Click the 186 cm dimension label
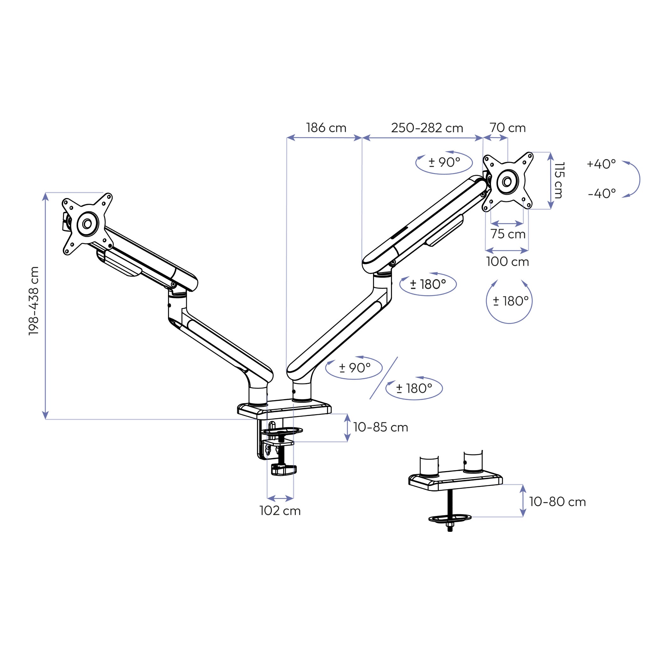pos(326,128)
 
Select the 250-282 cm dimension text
pos(427,128)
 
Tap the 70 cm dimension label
pos(507,128)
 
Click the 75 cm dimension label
pos(508,234)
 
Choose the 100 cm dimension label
pos(507,262)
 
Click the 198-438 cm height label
pos(34,301)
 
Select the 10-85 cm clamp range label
pos(381,427)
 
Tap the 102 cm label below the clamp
pos(280,511)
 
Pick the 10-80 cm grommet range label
pos(557,502)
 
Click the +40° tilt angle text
pos(601,164)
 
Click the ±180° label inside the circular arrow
pos(511,301)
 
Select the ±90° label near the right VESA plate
pos(445,162)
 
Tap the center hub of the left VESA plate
pos(87,224)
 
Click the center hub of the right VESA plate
pos(507,182)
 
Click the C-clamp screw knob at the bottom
pos(283,470)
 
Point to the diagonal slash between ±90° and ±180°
pos(384,378)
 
